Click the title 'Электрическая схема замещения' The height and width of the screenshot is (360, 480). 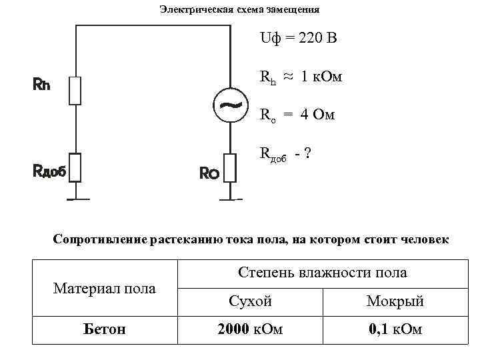click(239, 10)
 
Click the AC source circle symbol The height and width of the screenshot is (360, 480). click(231, 105)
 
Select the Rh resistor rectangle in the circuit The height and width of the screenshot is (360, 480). click(75, 90)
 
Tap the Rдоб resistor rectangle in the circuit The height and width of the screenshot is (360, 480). click(75, 167)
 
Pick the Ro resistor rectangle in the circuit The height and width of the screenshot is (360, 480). click(231, 167)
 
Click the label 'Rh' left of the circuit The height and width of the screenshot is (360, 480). click(41, 85)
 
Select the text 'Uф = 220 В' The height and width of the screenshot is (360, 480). click(299, 38)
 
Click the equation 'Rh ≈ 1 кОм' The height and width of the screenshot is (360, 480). click(301, 77)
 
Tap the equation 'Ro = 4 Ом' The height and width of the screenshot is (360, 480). click(297, 116)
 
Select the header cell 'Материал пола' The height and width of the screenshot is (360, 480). click(105, 288)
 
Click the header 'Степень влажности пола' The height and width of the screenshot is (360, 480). click(323, 272)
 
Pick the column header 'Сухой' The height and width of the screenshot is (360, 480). click(250, 301)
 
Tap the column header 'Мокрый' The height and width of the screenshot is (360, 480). click(395, 301)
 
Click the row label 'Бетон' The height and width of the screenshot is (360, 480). click(105, 329)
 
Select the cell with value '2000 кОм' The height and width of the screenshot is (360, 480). click(250, 329)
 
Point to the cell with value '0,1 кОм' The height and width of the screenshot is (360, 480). click(395, 329)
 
